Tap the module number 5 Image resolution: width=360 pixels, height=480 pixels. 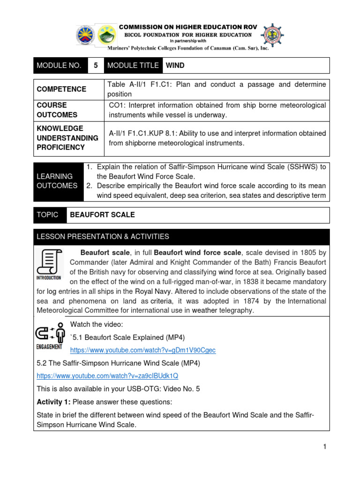(x=96, y=66)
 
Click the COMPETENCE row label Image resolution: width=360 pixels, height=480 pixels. (x=62, y=89)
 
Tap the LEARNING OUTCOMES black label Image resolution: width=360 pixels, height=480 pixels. (x=57, y=181)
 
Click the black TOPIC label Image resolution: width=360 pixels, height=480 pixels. (x=48, y=215)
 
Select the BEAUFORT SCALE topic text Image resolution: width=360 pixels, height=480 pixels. (x=102, y=215)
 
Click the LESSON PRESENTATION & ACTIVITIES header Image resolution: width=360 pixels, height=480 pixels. (x=103, y=237)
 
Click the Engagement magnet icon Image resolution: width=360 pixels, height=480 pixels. (x=49, y=334)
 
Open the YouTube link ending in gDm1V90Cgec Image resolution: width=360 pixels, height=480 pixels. (x=142, y=350)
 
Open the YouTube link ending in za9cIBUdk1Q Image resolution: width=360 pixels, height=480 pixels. (x=107, y=376)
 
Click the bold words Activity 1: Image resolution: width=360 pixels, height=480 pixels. (x=53, y=402)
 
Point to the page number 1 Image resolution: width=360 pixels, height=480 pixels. (x=324, y=447)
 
